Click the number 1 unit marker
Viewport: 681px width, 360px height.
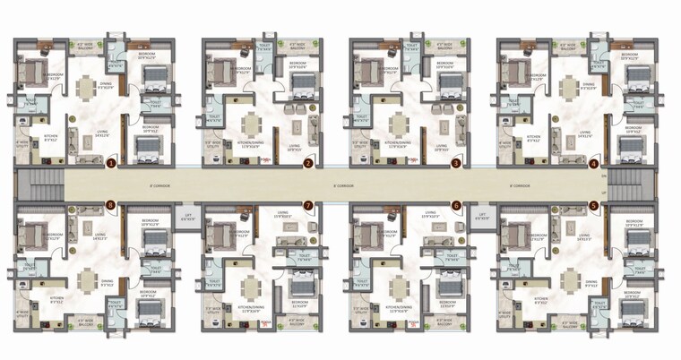pyautogui.click(x=111, y=164)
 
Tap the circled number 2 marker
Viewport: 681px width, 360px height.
pyautogui.click(x=308, y=164)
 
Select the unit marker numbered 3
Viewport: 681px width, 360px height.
pyautogui.click(x=455, y=164)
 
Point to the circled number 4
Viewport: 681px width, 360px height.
pyautogui.click(x=593, y=164)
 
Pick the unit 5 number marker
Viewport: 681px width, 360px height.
pyautogui.click(x=593, y=205)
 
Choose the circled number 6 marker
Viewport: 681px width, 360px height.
pyautogui.click(x=455, y=205)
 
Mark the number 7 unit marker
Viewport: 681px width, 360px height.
pyautogui.click(x=308, y=205)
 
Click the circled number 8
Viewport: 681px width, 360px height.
pyautogui.click(x=111, y=205)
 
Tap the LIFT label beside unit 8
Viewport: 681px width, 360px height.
pyautogui.click(x=187, y=216)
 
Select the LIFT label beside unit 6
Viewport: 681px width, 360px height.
pyautogui.click(x=481, y=216)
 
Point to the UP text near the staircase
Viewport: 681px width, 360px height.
pyautogui.click(x=605, y=193)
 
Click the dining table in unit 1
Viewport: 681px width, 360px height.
pyautogui.click(x=87, y=89)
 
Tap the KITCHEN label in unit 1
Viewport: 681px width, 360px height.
pyautogui.click(x=51, y=136)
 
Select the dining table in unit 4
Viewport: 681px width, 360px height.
pyautogui.click(x=567, y=89)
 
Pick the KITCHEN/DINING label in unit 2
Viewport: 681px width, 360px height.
pyautogui.click(x=246, y=143)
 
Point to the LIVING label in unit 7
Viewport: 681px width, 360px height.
pyautogui.click(x=283, y=215)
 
